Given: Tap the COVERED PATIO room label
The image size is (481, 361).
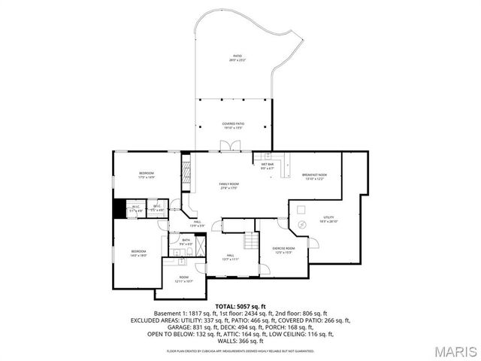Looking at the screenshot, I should pyautogui.click(x=233, y=124).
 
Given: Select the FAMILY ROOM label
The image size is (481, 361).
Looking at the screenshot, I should pyautogui.click(x=228, y=185).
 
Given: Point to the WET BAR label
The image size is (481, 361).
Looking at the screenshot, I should pyautogui.click(x=268, y=166).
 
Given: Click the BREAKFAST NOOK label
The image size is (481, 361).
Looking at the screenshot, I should pyautogui.click(x=315, y=176).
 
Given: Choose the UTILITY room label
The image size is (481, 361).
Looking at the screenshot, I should pyautogui.click(x=328, y=219).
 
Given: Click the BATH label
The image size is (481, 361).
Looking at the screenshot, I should pyautogui.click(x=186, y=242).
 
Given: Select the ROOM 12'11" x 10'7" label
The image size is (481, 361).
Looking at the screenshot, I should pyautogui.click(x=184, y=278).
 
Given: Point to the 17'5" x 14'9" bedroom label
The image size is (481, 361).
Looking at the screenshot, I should pyautogui.click(x=146, y=175).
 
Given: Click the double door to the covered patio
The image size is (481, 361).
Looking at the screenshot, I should pyautogui.click(x=223, y=146).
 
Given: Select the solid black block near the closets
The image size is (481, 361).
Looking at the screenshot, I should pyautogui.click(x=119, y=208).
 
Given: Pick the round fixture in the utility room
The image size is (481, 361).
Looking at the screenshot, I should pyautogui.click(x=302, y=225).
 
